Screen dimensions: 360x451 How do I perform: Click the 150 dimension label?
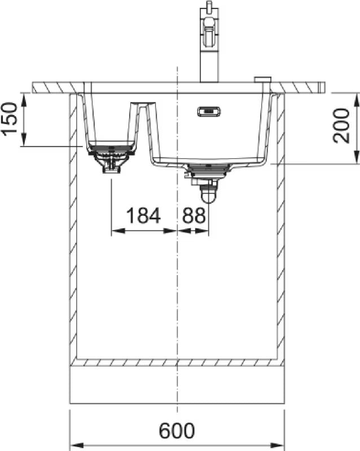point(9,118)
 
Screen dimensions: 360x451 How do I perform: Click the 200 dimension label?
point(341,126)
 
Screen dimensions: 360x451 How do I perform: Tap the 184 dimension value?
point(143,216)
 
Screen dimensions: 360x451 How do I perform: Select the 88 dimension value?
point(194,216)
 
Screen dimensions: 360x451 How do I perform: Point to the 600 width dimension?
point(177,431)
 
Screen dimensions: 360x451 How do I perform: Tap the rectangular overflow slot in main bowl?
point(209,111)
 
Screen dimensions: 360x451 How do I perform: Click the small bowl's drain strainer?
point(111,152)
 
